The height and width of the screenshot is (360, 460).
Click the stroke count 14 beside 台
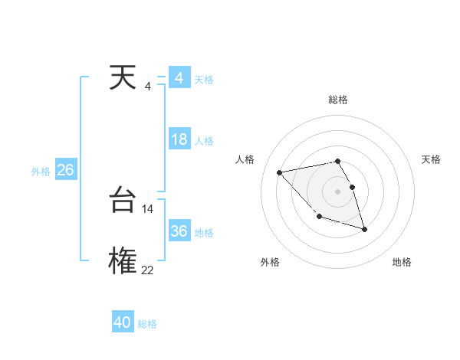pyautogui.click(x=148, y=208)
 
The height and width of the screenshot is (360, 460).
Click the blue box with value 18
pyautogui.click(x=179, y=139)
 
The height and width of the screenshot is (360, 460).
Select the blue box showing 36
pyautogui.click(x=179, y=231)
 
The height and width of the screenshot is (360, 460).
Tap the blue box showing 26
pyautogui.click(x=65, y=170)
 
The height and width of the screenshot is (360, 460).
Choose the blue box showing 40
pyautogui.click(x=123, y=322)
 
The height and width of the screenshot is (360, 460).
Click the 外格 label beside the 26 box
pyautogui.click(x=41, y=172)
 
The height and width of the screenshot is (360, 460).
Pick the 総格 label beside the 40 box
pyautogui.click(x=147, y=324)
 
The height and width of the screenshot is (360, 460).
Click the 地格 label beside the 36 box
pyautogui.click(x=205, y=233)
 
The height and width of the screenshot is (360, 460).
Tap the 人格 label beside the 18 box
pyautogui.click(x=205, y=141)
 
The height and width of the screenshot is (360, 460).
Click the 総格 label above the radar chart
pyautogui.click(x=338, y=100)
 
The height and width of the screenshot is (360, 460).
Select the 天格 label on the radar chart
pyautogui.click(x=432, y=159)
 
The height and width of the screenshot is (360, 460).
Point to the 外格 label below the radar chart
pyautogui.click(x=270, y=262)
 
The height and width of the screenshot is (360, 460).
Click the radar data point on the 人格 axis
pyautogui.click(x=280, y=172)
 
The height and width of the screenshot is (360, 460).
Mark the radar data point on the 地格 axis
pyautogui.click(x=364, y=229)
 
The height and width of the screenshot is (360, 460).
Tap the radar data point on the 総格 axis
pyautogui.click(x=338, y=161)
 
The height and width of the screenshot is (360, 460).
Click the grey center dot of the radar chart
pyautogui.click(x=338, y=191)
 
